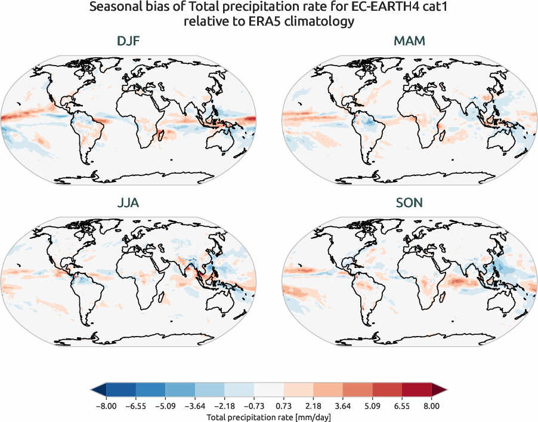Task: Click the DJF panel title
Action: click(128, 42)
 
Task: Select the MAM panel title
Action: click(409, 42)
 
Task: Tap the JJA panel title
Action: click(128, 203)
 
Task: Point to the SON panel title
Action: click(409, 203)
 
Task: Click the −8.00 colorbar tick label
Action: click(106, 406)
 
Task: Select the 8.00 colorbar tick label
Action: click(431, 406)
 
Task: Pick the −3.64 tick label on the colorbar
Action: click(194, 406)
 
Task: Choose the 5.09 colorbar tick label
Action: click(372, 406)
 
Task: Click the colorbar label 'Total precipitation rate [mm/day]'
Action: click(268, 417)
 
